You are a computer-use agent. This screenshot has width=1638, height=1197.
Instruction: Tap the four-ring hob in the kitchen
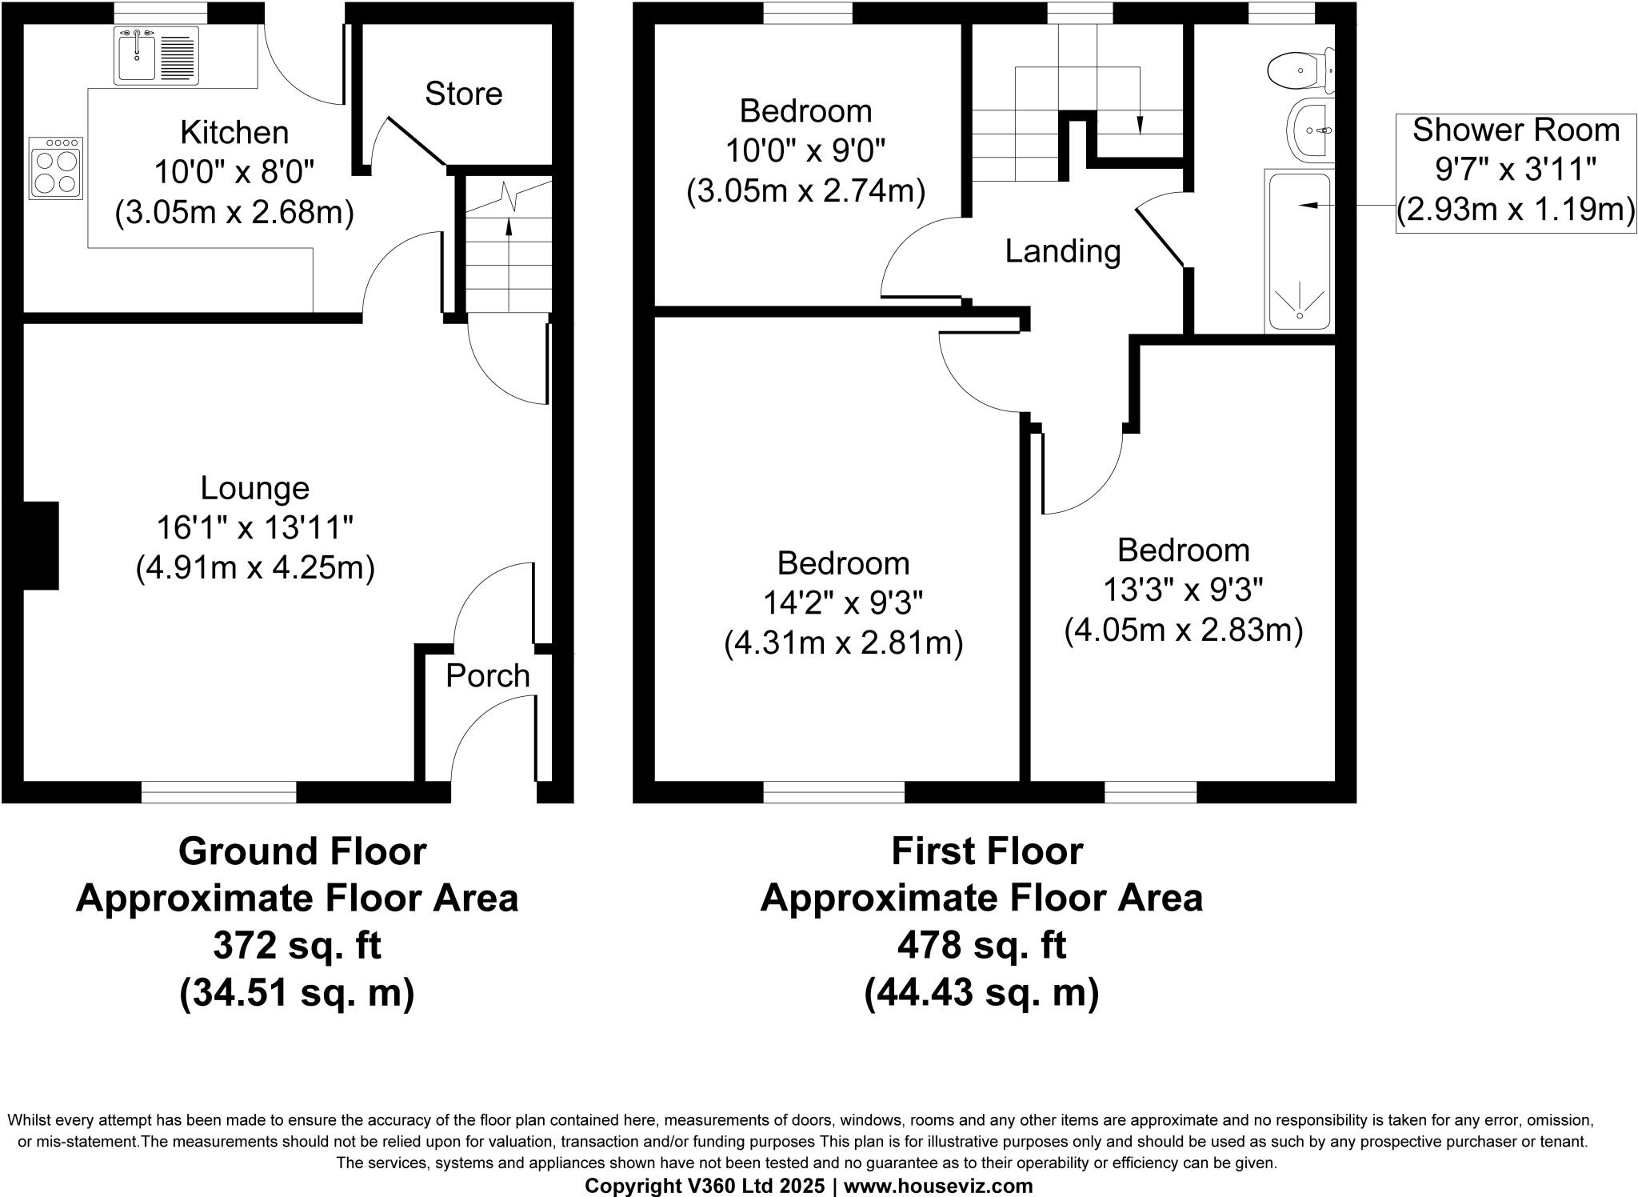[x=56, y=168]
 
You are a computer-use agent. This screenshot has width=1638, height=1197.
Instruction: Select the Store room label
[x=463, y=94]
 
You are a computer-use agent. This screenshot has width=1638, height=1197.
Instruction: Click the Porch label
[x=487, y=676]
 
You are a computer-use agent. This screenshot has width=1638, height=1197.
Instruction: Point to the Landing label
[x=1062, y=251]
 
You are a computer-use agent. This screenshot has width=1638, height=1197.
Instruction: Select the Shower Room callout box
[x=1515, y=173]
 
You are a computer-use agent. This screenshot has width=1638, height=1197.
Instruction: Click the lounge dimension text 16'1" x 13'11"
[x=254, y=528]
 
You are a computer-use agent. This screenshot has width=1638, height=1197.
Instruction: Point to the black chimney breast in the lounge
[x=41, y=546]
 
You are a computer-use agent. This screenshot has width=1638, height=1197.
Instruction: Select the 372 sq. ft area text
[x=297, y=946]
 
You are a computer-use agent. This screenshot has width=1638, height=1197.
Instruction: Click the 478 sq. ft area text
[x=981, y=946]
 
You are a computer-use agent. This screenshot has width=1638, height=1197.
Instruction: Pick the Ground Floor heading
[x=302, y=851]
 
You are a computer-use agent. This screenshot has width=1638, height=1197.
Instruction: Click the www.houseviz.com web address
[x=937, y=1186]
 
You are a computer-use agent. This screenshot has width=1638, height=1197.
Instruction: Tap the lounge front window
[x=218, y=792]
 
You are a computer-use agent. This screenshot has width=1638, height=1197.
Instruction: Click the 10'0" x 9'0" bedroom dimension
[x=805, y=150]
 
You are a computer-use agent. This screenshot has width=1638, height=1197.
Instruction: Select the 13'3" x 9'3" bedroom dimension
[x=1183, y=590]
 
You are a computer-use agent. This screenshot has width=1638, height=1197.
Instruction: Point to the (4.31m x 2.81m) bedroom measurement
[x=843, y=643]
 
